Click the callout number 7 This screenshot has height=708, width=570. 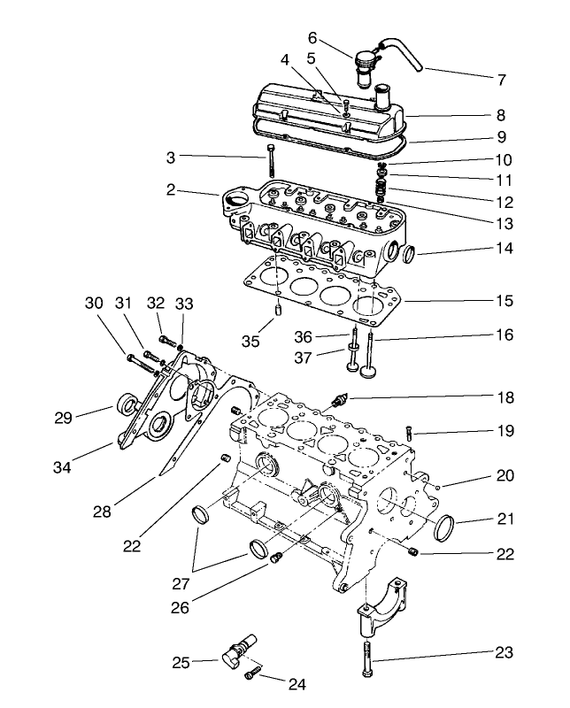[x=501, y=80]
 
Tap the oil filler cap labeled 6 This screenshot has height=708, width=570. [x=366, y=65]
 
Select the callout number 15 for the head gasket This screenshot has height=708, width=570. [x=505, y=301]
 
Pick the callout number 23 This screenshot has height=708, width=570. [x=504, y=654]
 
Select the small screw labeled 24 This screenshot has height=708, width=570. [x=251, y=675]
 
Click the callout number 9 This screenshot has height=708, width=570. [x=501, y=137]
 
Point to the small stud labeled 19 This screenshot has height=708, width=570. [x=409, y=433]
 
